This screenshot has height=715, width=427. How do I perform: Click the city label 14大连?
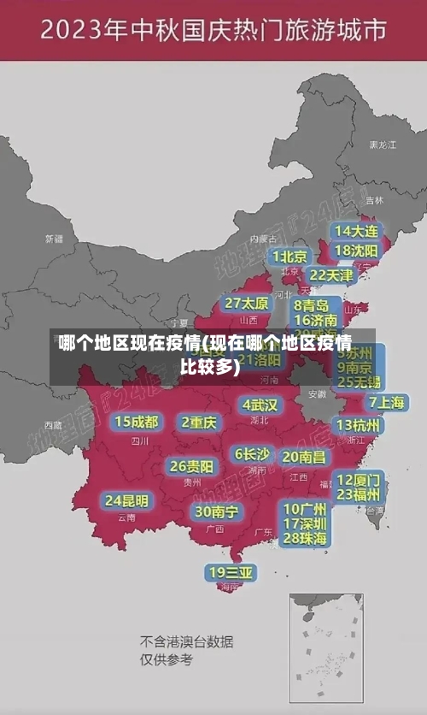pyautogui.click(x=356, y=231)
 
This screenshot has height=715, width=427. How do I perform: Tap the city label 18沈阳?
pyautogui.click(x=356, y=251)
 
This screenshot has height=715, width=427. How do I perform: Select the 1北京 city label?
pyautogui.click(x=290, y=257)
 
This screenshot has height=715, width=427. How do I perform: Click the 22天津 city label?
pyautogui.click(x=330, y=275)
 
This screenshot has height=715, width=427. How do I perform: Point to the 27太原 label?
pyautogui.click(x=247, y=304)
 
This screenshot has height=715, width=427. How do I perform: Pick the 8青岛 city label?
pyautogui.click(x=312, y=304)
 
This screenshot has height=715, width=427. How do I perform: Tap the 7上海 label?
pyautogui.click(x=386, y=402)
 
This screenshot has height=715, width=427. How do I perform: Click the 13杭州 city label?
pyautogui.click(x=360, y=425)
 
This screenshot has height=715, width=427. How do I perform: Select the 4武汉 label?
pyautogui.click(x=260, y=405)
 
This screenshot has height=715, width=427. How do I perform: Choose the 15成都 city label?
pyautogui.click(x=137, y=422)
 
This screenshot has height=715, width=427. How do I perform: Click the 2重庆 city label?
pyautogui.click(x=199, y=422)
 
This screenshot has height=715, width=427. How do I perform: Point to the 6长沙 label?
pyautogui.click(x=253, y=453)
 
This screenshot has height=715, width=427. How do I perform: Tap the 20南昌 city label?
pyautogui.click(x=304, y=457)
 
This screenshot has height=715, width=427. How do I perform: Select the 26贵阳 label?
pyautogui.click(x=191, y=466)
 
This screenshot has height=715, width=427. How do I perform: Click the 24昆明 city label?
pyautogui.click(x=126, y=500)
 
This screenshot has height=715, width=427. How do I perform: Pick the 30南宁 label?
pyautogui.click(x=216, y=511)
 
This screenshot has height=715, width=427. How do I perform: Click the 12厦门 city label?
pyautogui.click(x=359, y=479)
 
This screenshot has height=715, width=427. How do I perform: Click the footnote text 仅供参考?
pyautogui.click(x=167, y=659)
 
